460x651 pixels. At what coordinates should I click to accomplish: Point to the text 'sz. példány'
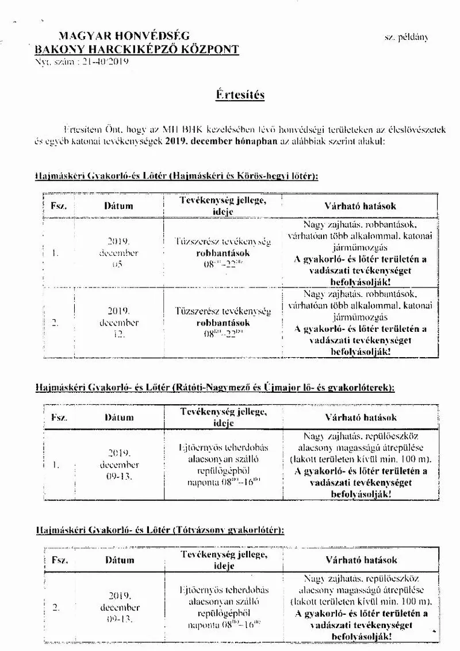407,37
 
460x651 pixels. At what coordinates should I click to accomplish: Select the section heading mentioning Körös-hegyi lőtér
177,175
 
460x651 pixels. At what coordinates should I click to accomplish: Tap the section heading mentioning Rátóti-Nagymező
214,388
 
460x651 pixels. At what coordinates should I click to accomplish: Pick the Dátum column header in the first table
118,205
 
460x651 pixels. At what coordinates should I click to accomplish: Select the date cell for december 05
118,253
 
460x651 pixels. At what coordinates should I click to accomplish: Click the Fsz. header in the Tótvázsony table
60,560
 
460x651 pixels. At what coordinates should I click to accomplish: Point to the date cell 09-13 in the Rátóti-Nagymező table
119,465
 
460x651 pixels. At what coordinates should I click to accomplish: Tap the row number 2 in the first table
56,323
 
